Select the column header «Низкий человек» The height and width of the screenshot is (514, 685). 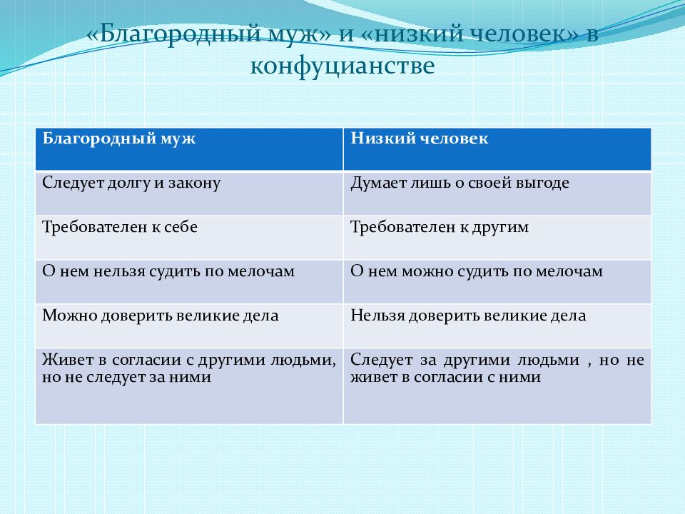(x=419, y=138)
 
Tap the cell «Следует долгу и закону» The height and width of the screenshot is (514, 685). (x=131, y=183)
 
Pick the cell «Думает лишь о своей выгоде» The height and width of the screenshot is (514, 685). (x=460, y=183)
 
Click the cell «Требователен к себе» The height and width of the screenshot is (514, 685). (x=120, y=227)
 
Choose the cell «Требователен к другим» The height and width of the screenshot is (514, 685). (x=439, y=227)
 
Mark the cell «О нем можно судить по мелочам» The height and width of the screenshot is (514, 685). (x=477, y=271)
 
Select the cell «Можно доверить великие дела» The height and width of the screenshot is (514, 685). (x=161, y=316)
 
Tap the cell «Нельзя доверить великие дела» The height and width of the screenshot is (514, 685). (x=468, y=316)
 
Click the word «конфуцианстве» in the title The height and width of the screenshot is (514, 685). (x=342, y=66)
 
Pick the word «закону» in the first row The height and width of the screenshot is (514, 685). (x=194, y=183)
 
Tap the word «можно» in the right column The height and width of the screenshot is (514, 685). (x=419, y=271)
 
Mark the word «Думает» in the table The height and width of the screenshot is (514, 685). (x=375, y=183)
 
